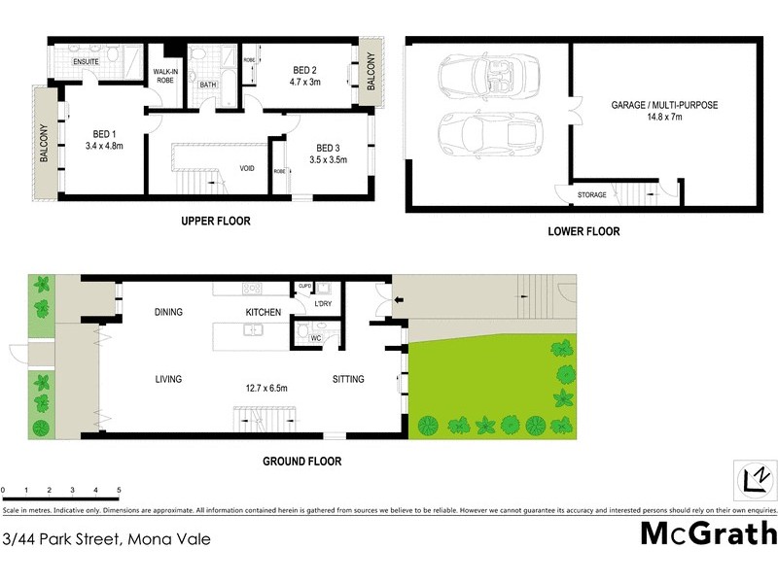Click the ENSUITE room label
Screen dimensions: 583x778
click(87, 61)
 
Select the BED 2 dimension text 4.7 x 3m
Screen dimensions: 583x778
click(305, 84)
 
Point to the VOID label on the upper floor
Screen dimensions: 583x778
click(247, 168)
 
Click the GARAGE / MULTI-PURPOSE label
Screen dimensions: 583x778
click(664, 105)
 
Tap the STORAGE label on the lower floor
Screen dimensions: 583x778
click(591, 195)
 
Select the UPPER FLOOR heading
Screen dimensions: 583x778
click(216, 222)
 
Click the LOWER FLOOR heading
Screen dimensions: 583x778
click(584, 232)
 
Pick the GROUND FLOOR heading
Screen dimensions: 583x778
click(301, 462)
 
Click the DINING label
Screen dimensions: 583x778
click(170, 312)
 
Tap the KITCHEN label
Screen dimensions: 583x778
click(263, 312)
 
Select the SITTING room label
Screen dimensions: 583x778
click(348, 379)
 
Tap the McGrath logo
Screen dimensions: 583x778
click(708, 533)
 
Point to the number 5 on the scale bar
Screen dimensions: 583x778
click(119, 489)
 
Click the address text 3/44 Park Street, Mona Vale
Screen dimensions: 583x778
click(107, 537)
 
